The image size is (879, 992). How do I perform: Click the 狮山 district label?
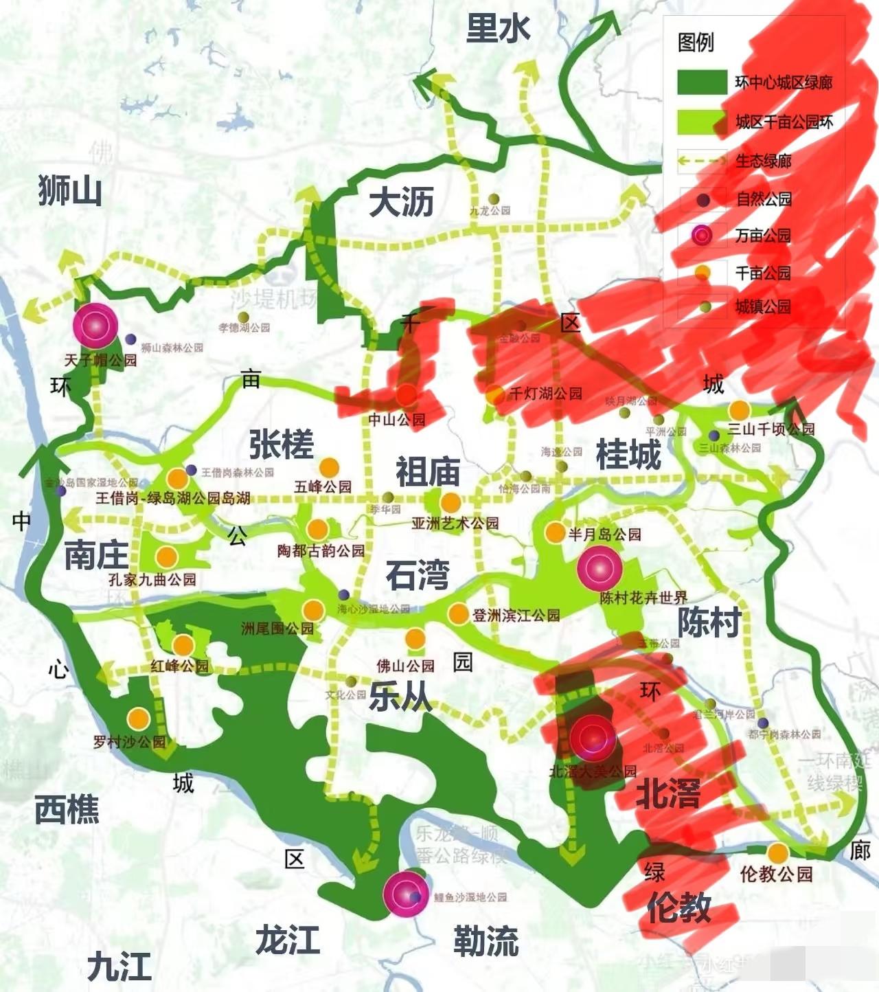[70, 190]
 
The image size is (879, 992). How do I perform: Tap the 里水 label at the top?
[498, 29]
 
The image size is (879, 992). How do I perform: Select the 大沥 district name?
[401, 203]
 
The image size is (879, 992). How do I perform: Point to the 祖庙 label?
[427, 472]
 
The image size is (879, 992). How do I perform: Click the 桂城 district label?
[628, 455]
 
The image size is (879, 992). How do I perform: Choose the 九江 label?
[119, 967]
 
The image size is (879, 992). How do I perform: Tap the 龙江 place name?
[288, 939]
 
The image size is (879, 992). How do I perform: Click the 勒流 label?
[486, 940]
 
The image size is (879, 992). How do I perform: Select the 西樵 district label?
[67, 810]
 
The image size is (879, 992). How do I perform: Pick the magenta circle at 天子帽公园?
[95, 325]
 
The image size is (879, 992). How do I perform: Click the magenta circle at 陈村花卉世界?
[600, 568]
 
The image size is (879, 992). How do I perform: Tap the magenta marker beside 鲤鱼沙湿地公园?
[405, 894]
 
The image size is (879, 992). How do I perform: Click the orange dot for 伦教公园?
[777, 853]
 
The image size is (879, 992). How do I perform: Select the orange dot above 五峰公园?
[329, 467]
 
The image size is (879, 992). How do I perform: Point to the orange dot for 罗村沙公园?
[139, 719]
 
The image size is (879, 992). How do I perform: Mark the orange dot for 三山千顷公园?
[739, 410]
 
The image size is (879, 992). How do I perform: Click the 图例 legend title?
[696, 43]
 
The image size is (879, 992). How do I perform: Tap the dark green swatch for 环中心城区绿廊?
[702, 82]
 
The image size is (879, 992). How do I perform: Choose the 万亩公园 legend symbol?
[702, 236]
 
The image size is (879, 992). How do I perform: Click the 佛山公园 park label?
[405, 666]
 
